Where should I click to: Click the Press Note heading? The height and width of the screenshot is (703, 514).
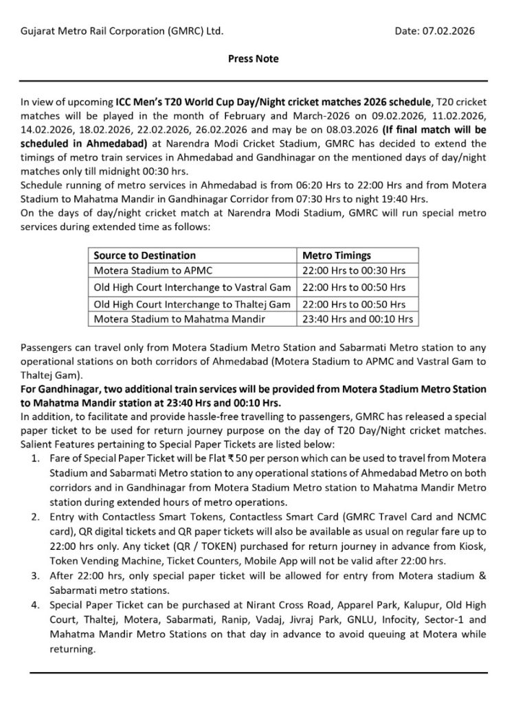(254, 59)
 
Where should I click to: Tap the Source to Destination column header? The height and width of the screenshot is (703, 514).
(145, 255)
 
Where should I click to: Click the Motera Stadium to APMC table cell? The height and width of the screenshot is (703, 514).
(144, 271)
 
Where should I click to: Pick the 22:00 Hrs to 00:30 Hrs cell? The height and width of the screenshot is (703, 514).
(355, 271)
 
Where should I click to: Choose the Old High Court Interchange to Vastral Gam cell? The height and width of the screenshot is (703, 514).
(192, 287)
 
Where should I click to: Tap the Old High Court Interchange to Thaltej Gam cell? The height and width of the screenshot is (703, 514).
(192, 303)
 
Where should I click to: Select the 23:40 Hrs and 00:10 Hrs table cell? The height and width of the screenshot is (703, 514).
(357, 319)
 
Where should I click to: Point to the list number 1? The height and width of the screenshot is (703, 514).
(35, 455)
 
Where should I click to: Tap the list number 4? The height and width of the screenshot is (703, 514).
(35, 605)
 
